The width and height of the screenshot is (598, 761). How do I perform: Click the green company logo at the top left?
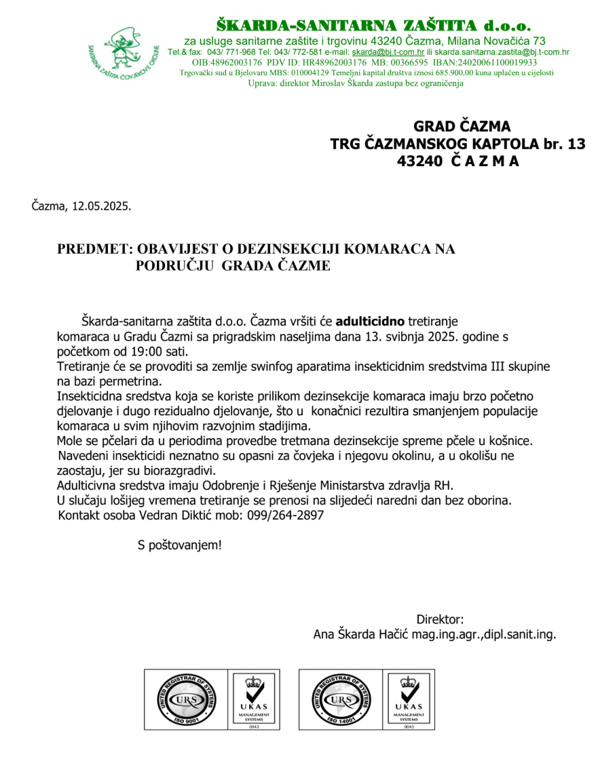[x=123, y=55]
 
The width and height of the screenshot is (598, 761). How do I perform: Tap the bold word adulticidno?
[x=371, y=319]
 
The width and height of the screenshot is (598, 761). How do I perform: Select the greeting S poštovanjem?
[x=179, y=545]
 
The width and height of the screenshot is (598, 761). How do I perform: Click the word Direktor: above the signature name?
[x=440, y=619]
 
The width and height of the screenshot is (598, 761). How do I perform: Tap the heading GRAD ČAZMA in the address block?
[x=462, y=126]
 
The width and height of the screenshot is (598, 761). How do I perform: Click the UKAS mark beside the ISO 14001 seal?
[x=409, y=699]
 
